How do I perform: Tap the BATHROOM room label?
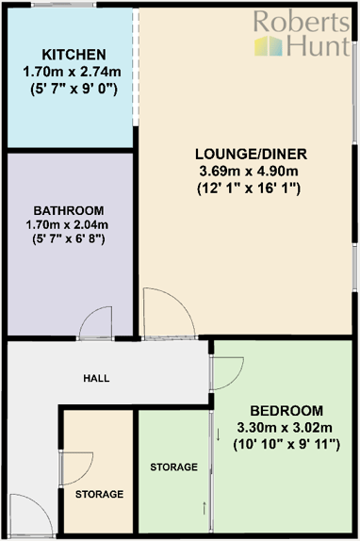click(69, 209)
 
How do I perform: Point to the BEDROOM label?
click(286, 411)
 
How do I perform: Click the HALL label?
click(96, 378)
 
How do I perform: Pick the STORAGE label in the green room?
click(174, 467)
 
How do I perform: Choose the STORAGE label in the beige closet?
click(100, 494)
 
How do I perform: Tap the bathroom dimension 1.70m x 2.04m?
click(69, 224)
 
